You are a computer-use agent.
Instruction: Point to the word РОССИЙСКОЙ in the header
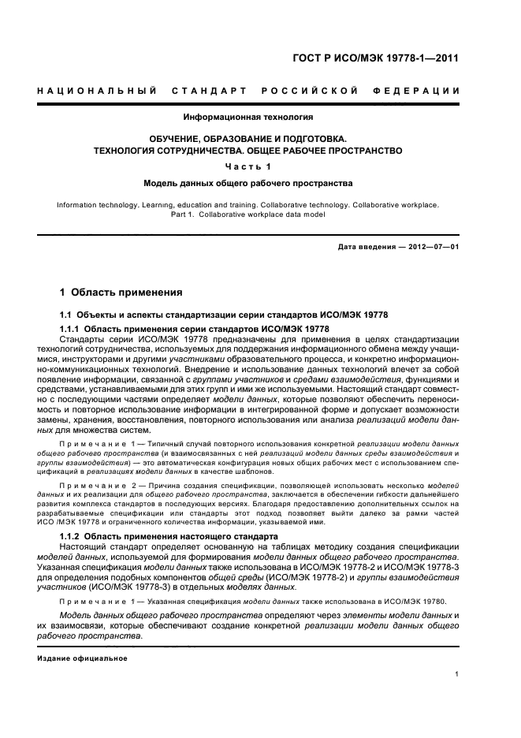[x=312, y=91]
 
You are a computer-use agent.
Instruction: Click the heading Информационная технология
[x=248, y=117]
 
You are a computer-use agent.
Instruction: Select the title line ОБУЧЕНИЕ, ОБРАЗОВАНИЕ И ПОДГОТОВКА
[x=248, y=139]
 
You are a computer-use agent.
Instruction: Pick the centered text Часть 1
[x=248, y=166]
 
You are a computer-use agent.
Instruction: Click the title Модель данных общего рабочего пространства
[x=248, y=183]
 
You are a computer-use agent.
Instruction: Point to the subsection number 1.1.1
[x=70, y=328]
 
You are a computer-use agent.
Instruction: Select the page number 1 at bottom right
[x=457, y=674]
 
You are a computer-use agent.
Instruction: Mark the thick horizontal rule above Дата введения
[x=248, y=234]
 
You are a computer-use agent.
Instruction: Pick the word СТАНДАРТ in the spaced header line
[x=210, y=91]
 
